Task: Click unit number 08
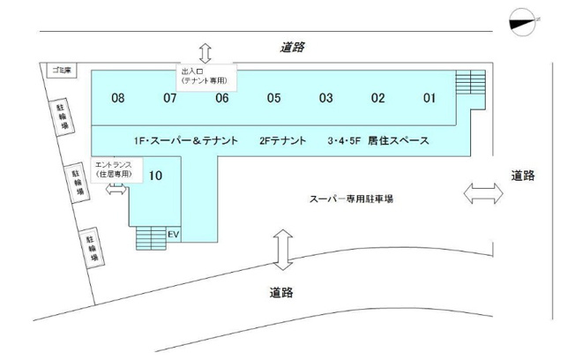pyautogui.click(x=117, y=98)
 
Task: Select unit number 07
pyautogui.click(x=170, y=98)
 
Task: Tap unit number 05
pyautogui.click(x=274, y=98)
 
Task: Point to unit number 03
pyautogui.click(x=326, y=98)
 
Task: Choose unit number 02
pyautogui.click(x=377, y=98)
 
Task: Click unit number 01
pyautogui.click(x=429, y=98)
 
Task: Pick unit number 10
pyautogui.click(x=155, y=176)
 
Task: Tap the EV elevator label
pyautogui.click(x=173, y=234)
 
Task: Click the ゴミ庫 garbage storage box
pyautogui.click(x=62, y=71)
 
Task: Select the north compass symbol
pyautogui.click(x=522, y=22)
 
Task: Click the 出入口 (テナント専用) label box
pyautogui.click(x=206, y=78)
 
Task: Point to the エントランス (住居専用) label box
pyautogui.click(x=116, y=170)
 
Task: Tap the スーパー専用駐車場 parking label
pyautogui.click(x=351, y=199)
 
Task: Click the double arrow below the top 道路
pyautogui.click(x=205, y=54)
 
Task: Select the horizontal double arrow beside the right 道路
pyautogui.click(x=483, y=193)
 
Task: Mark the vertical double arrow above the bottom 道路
pyautogui.click(x=283, y=250)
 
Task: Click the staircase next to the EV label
pyautogui.click(x=151, y=238)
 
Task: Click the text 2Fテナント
pyautogui.click(x=283, y=140)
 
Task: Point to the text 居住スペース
pyautogui.click(x=399, y=140)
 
